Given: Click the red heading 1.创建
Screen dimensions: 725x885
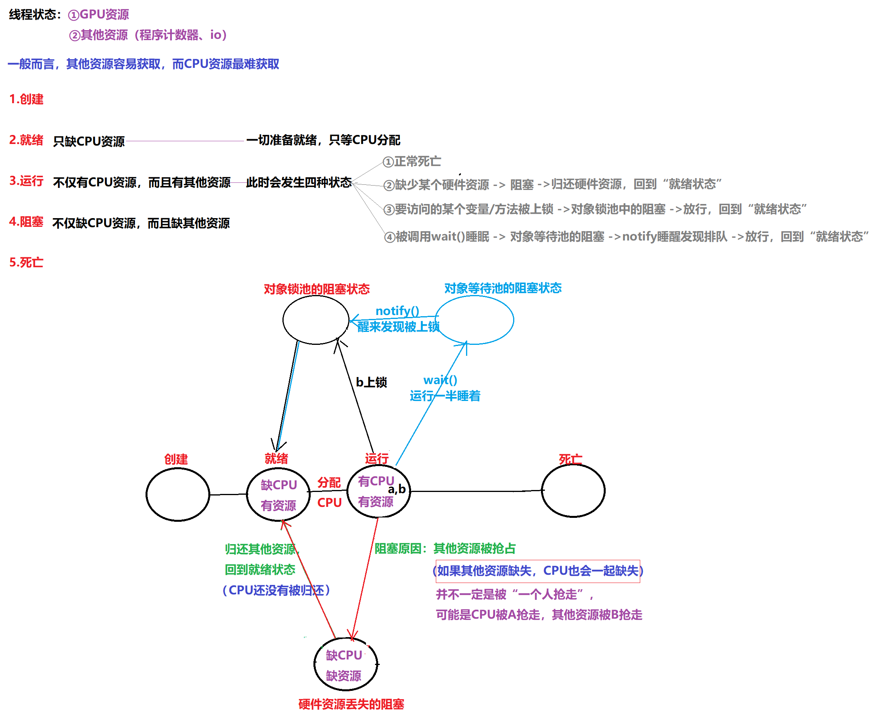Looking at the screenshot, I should point(26,99).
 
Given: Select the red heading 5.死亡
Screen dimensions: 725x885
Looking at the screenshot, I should point(26,262).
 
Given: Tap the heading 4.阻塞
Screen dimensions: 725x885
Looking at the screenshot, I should point(26,222).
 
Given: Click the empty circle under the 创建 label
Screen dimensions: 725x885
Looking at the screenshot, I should point(177,494).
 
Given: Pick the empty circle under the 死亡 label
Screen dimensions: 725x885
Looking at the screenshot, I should point(573,491).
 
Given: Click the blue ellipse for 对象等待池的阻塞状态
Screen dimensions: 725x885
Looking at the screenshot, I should point(474,320).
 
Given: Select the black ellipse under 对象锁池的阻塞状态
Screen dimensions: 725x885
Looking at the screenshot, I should point(316,319).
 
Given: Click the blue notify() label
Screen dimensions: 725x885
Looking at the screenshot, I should point(397,311).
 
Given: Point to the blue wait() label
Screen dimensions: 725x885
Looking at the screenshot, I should point(440,380).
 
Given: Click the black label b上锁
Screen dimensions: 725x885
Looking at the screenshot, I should point(371,382).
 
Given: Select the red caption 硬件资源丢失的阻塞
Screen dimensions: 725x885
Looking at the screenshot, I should point(351,705).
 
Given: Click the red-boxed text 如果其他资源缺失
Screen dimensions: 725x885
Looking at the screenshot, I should point(537,571).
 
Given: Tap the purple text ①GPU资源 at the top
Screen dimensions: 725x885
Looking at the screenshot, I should point(98,15).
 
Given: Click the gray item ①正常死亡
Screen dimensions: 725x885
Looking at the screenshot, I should point(412,162).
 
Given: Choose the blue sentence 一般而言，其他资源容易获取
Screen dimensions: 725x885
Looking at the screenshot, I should point(143,64).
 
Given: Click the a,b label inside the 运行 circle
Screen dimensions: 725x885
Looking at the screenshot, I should point(397,489).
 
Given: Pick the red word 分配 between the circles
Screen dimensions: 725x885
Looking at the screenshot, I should point(329,483).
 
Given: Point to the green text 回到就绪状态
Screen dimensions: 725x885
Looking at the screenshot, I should point(260,570).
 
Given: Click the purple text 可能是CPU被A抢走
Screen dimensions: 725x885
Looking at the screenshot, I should point(539,615).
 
